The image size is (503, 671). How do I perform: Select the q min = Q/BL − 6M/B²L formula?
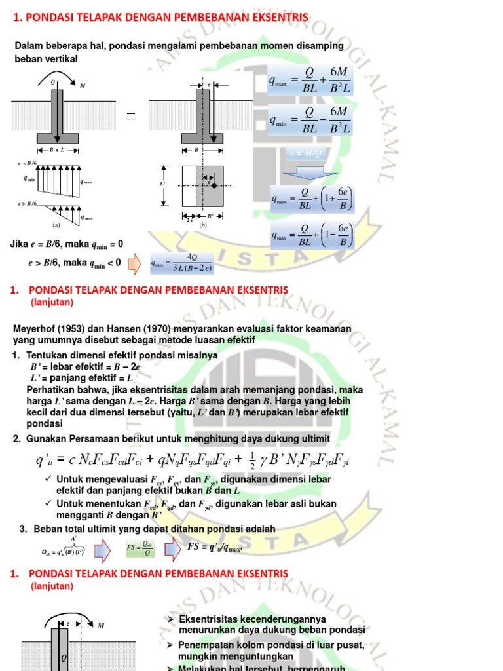pos(310,120)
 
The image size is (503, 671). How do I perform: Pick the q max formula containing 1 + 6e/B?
pos(312,199)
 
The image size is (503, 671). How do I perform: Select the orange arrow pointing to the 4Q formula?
pos(134,263)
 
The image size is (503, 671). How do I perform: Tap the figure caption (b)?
pos(203,225)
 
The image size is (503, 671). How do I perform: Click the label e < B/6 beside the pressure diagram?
pos(26,163)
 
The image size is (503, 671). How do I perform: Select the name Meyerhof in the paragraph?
pos(34,328)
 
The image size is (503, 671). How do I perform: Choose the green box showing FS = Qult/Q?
pos(140,548)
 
